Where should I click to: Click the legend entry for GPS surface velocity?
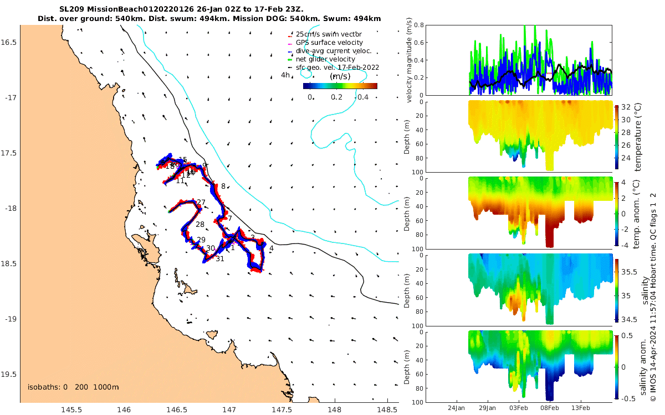click(329, 43)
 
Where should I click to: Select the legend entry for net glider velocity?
click(325, 59)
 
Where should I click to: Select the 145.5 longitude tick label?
click(72, 409)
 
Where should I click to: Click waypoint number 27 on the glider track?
click(201, 203)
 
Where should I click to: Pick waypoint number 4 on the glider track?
click(271, 248)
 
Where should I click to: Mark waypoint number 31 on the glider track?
click(220, 258)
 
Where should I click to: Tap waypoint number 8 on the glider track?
click(223, 186)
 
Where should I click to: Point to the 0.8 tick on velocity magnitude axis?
click(419, 25)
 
